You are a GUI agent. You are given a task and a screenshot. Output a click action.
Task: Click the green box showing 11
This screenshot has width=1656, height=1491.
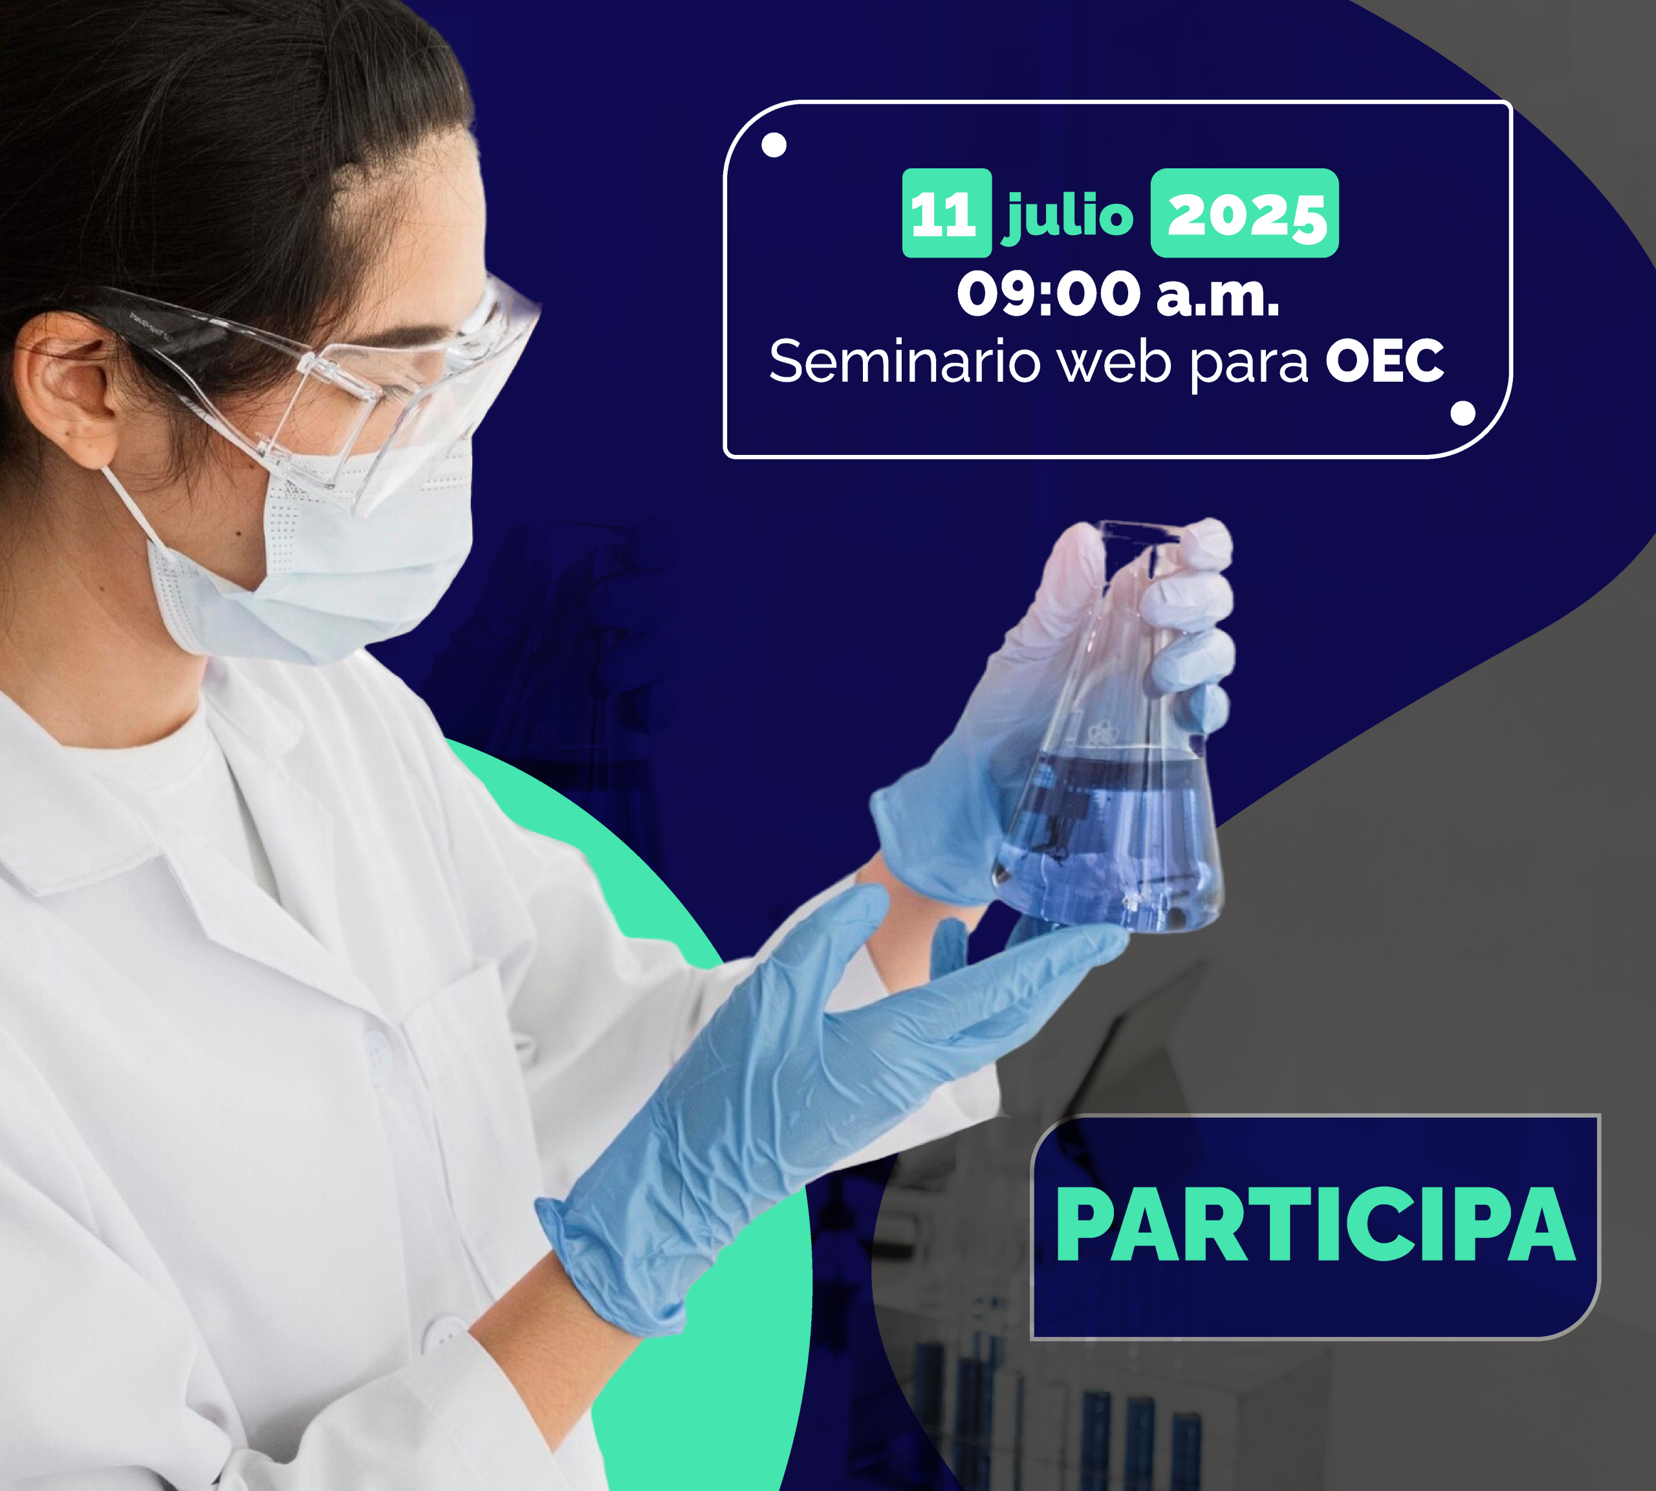tap(947, 213)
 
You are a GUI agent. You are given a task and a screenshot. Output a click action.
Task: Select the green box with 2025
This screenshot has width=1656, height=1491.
tap(1245, 213)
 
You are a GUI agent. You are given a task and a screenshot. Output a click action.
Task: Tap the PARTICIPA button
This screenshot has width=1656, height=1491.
tap(1314, 1226)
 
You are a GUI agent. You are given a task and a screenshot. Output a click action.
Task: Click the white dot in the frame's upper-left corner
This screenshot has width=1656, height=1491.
tap(774, 145)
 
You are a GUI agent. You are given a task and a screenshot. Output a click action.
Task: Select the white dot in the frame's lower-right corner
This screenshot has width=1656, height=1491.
tap(1463, 414)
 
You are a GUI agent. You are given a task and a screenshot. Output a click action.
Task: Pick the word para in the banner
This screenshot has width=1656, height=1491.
tap(1250, 364)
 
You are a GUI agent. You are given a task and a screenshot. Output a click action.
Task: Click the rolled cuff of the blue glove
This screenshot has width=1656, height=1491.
tap(598, 1262)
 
